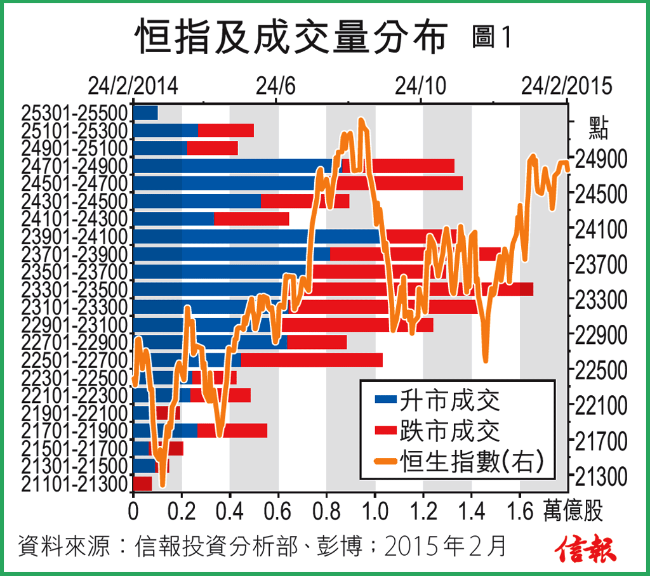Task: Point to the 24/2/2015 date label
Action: [566, 85]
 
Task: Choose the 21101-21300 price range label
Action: [74, 484]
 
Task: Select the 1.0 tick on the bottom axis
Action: [375, 510]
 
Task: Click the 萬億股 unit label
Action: [573, 510]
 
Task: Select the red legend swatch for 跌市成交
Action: [385, 431]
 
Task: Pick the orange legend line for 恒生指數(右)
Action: [385, 461]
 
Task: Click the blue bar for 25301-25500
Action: [145, 113]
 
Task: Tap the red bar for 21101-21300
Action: [142, 484]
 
